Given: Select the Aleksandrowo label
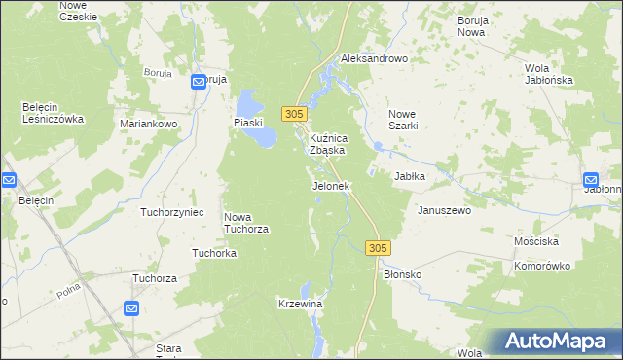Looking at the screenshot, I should pos(373,58).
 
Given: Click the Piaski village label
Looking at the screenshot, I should pos(249,122).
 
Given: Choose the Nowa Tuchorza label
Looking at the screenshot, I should pos(245,223).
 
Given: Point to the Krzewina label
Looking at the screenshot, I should pos(300,305).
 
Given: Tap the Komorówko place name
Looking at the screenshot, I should pos(542,264).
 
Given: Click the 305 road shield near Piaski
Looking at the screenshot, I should pos(296,114).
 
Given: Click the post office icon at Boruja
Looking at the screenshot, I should pos(200,83).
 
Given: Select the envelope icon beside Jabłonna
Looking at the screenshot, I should pos(592,180).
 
